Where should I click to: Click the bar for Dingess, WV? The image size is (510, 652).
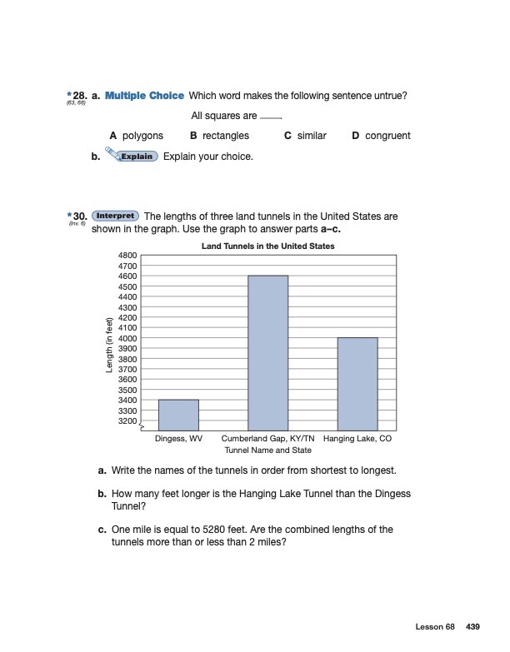point(178,414)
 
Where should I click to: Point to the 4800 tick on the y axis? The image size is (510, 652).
point(127,255)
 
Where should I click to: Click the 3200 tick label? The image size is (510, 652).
point(127,421)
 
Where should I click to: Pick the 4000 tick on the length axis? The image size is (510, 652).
point(127,338)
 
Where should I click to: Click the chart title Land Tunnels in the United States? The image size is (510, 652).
point(268,246)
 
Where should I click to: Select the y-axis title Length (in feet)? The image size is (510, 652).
point(109,346)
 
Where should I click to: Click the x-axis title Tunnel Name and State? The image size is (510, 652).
point(268,450)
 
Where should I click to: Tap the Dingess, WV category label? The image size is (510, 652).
point(178,438)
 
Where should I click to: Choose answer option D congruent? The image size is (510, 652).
point(382,136)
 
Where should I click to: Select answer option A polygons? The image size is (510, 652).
point(137,136)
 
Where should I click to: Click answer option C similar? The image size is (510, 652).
point(305,136)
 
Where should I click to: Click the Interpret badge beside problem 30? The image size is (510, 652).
point(115,216)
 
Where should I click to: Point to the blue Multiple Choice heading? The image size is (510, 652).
point(145,96)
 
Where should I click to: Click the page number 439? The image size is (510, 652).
point(472,625)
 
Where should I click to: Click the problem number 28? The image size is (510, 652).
point(80,96)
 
